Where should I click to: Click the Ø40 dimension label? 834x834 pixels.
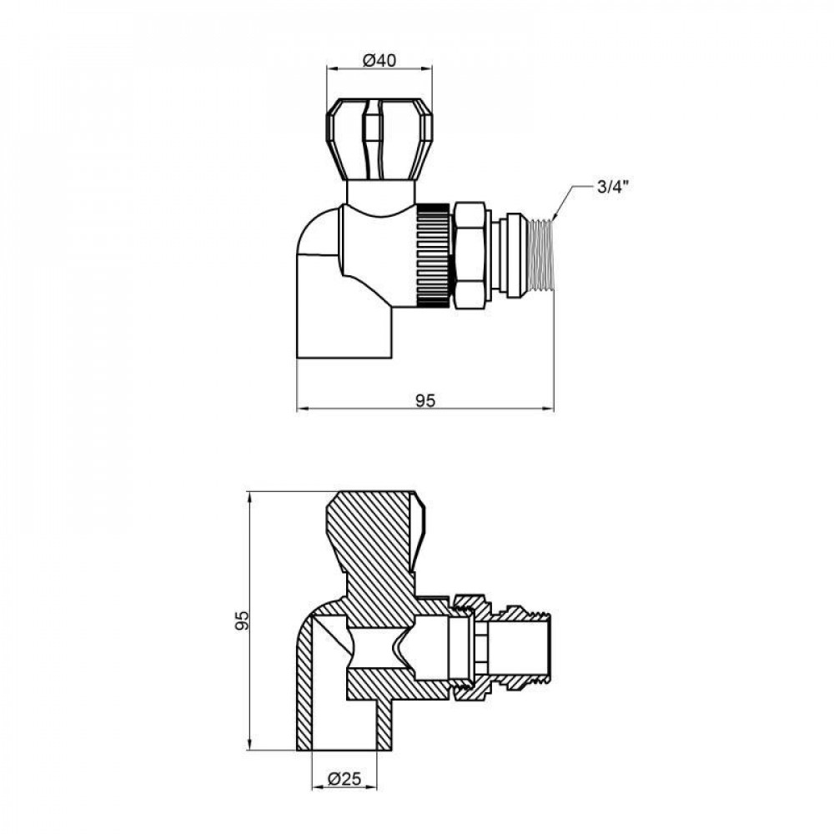pos(379,60)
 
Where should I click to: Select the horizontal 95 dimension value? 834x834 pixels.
pos(425,400)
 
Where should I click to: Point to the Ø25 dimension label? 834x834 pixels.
pos(344,779)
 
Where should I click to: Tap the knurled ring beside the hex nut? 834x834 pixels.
pos(432,254)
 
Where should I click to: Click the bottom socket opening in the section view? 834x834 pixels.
pos(344,734)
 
